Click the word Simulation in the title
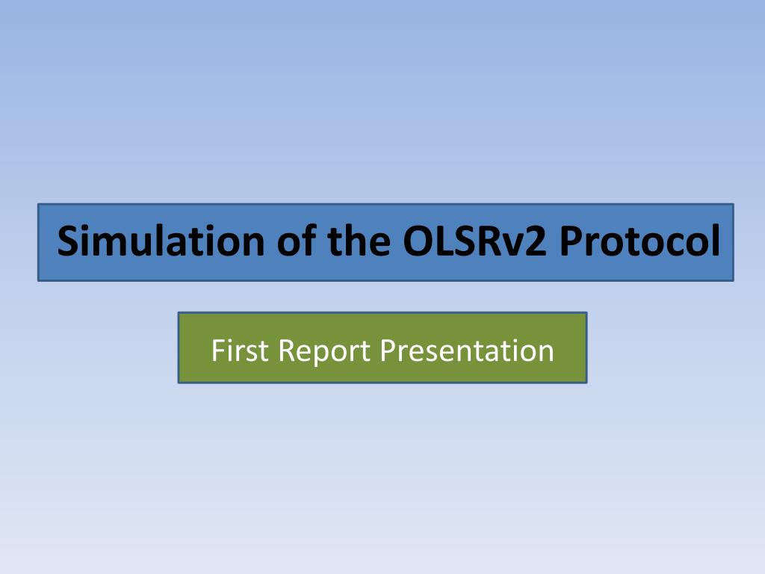(161, 241)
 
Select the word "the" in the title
(359, 240)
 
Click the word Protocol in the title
(639, 240)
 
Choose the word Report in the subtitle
(324, 351)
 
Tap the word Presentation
(467, 351)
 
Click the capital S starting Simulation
(69, 241)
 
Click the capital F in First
(218, 351)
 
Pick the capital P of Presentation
(388, 351)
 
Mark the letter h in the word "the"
(358, 239)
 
